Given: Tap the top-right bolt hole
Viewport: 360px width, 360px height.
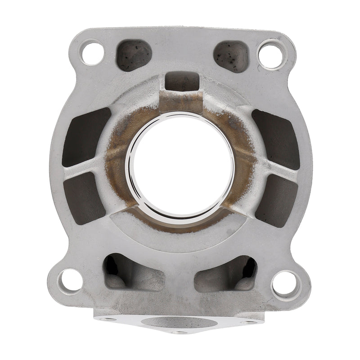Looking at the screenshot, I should tap(271, 52).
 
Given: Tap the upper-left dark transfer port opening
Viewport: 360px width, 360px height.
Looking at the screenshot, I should tap(86, 135).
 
